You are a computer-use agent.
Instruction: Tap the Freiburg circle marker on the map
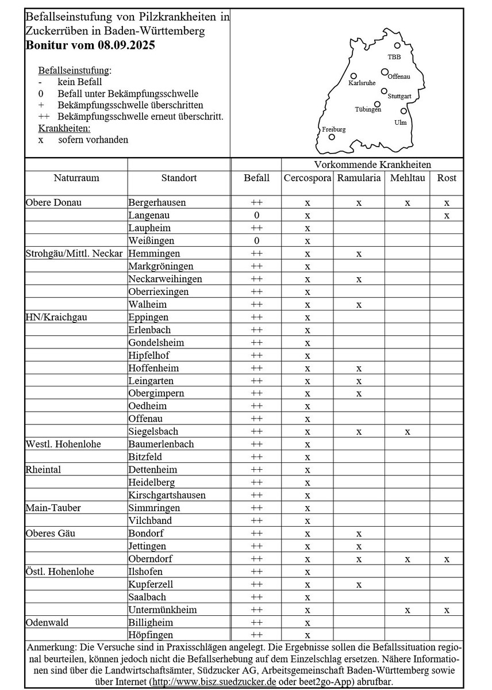coord(332,137)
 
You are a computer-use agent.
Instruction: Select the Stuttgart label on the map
coord(399,96)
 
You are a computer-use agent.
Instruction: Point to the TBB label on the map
coord(394,57)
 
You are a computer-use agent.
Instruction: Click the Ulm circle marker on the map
coord(403,111)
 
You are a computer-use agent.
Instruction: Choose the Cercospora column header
coord(307,178)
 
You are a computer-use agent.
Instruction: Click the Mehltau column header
coord(408,178)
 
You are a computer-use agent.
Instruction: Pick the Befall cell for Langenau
coord(256,216)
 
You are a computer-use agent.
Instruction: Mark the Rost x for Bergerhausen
coord(447,203)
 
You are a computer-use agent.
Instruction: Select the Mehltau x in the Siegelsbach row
coord(408,432)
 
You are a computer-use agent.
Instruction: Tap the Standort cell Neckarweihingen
coord(165,279)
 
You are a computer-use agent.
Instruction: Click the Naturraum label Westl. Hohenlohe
coord(60,444)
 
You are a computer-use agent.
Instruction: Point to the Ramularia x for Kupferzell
coord(359,585)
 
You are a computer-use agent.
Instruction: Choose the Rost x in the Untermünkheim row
coord(447,610)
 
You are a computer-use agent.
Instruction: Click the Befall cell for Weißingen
coord(256,241)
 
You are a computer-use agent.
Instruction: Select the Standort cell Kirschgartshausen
coord(167,495)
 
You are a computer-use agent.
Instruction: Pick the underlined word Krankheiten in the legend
coord(64,128)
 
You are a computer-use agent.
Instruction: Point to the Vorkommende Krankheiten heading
coord(372,164)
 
